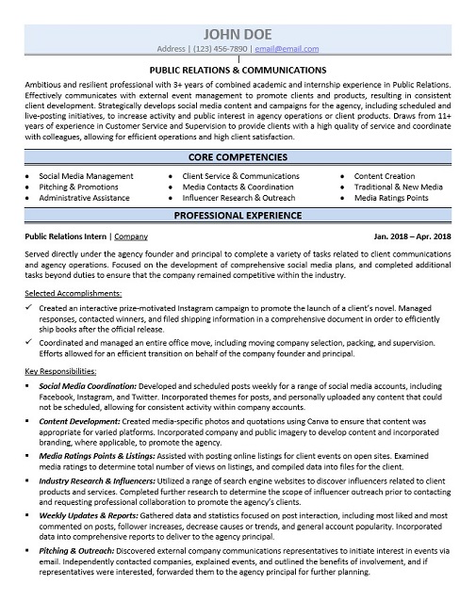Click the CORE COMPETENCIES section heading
238,157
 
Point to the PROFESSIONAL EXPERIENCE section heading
238,216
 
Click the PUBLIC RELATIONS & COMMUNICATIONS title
238,70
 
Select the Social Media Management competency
86,176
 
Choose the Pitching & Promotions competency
78,187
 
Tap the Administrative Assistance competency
84,199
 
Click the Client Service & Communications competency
240,176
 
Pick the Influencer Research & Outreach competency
238,199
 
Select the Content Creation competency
384,176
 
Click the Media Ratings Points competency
391,199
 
